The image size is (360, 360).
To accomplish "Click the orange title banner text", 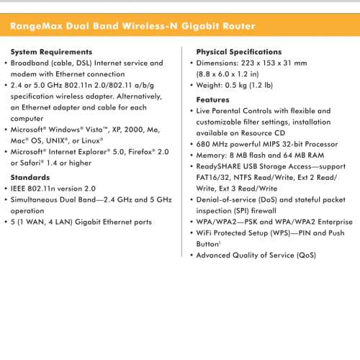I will (132, 27).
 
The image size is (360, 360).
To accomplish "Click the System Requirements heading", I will (51, 52).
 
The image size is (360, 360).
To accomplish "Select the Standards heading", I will (30, 176).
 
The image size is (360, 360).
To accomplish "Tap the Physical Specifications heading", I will (239, 52).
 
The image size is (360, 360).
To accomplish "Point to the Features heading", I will (213, 99).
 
